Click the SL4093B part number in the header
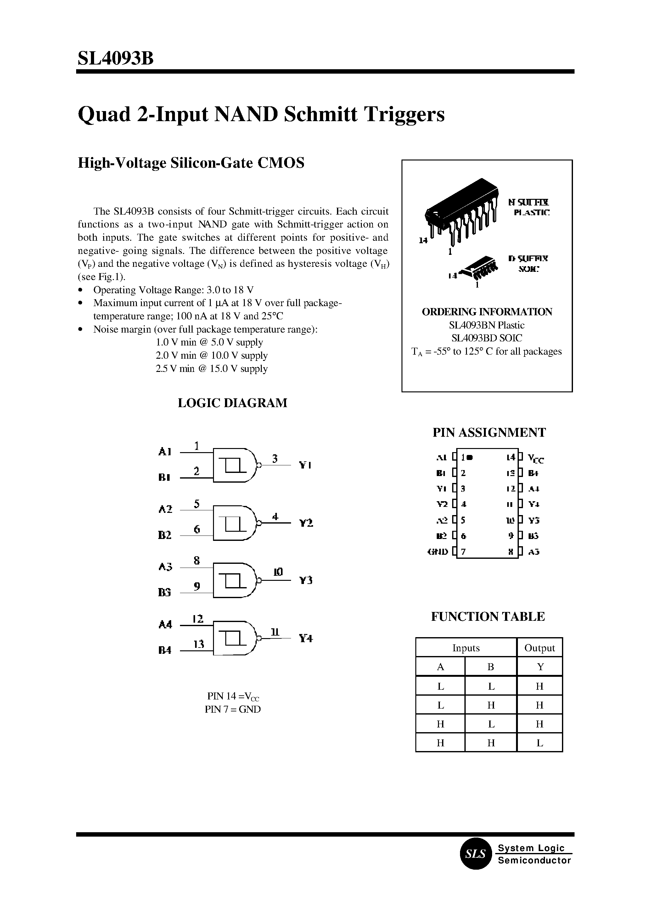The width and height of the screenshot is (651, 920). point(115,59)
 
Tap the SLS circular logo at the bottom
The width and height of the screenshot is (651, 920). point(475,854)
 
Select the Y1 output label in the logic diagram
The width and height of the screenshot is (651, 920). point(305,465)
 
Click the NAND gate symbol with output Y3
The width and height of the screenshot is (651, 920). point(234,580)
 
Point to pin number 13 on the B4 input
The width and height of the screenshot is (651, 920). point(199,644)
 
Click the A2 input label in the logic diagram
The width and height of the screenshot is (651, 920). point(165,509)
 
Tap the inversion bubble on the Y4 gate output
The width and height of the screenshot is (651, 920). point(259,638)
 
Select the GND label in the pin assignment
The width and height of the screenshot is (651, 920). point(438,552)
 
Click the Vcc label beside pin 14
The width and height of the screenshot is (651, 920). point(536,458)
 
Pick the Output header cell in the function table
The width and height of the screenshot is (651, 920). point(540,648)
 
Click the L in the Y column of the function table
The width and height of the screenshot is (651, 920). point(540,743)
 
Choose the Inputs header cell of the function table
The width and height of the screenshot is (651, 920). point(466,648)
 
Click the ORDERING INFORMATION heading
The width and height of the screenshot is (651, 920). point(487,312)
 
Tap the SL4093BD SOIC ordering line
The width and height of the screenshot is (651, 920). point(487,338)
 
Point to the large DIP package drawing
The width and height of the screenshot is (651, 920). point(461,212)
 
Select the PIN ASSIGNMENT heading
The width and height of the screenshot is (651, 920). point(489,433)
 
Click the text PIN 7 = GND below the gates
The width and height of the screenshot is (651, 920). point(233,709)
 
